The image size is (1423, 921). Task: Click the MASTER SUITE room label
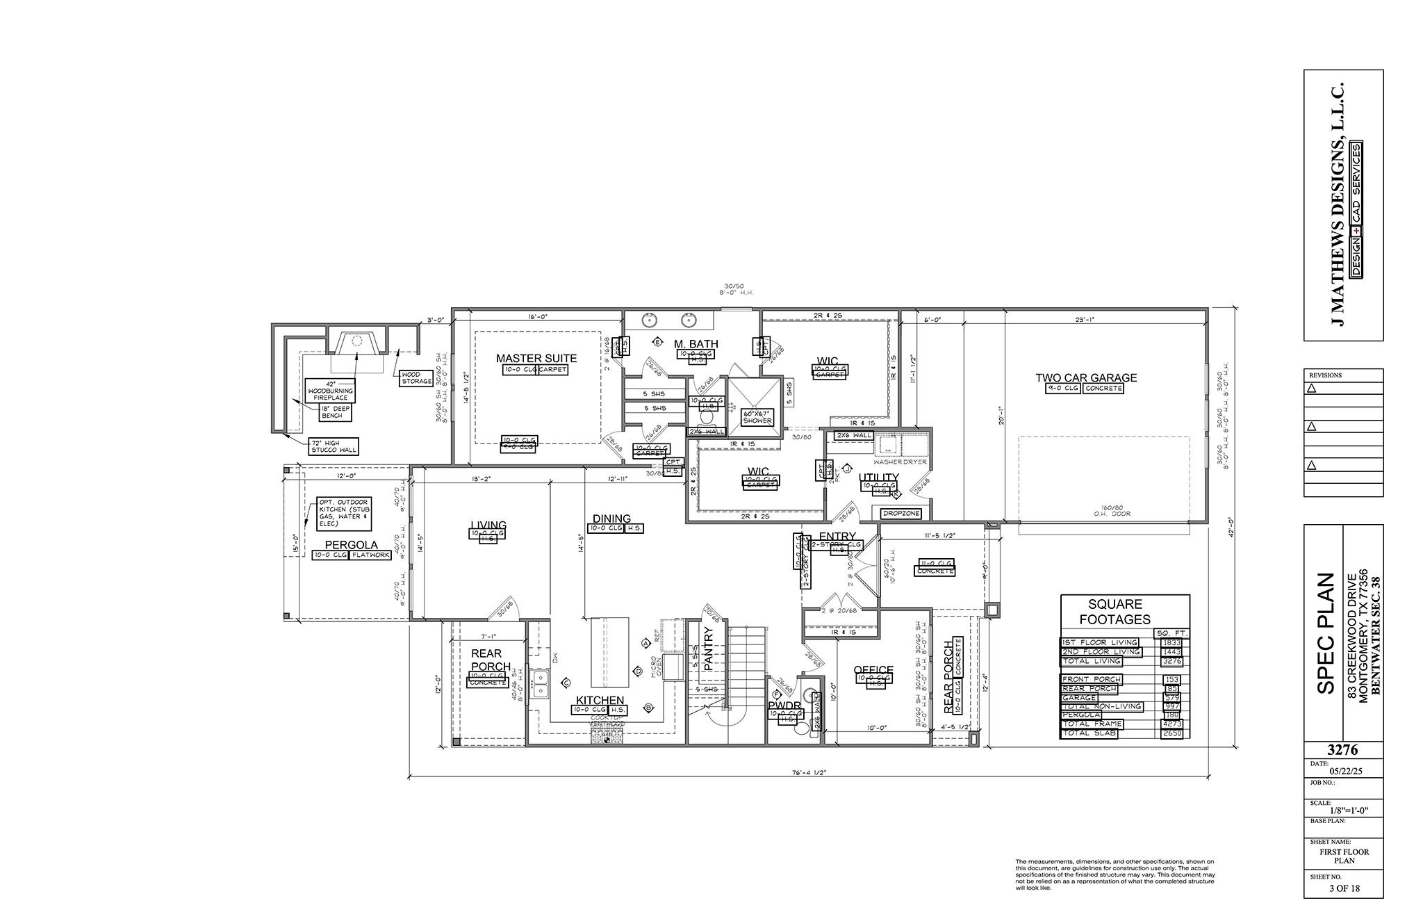[536, 359]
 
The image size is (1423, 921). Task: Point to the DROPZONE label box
[901, 514]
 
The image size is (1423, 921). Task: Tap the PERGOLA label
[351, 545]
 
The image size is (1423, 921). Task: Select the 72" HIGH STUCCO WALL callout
[334, 446]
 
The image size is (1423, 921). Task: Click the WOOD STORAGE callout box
[416, 378]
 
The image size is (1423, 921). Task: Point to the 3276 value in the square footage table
[1171, 661]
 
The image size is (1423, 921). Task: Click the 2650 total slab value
[1171, 733]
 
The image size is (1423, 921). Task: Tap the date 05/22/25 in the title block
[1343, 771]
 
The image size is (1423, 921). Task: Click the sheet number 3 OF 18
[1343, 906]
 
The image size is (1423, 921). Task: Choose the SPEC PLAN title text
[1326, 633]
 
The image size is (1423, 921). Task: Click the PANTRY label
[709, 649]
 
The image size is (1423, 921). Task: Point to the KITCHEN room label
[599, 700]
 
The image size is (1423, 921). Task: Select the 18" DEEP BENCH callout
[336, 413]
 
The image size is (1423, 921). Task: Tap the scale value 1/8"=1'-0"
[1343, 811]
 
